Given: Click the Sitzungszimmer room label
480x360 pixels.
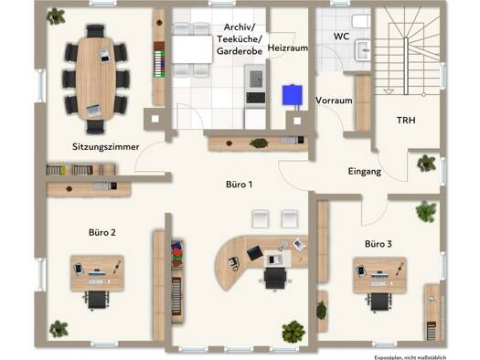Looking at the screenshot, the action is click(106, 147).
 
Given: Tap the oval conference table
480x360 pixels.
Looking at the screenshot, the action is click(96, 79).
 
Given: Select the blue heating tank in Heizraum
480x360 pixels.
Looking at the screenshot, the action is click(292, 95).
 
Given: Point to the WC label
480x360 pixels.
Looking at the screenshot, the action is click(341, 37).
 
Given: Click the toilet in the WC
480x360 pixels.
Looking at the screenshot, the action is click(361, 21).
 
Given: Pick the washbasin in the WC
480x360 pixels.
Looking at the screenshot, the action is click(363, 50).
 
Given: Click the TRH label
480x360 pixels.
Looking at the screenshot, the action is click(406, 121).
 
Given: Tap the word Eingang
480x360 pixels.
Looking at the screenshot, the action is click(365, 171).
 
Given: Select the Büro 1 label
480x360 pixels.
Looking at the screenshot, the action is click(239, 185).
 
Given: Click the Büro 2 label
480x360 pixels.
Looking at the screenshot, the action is click(102, 232).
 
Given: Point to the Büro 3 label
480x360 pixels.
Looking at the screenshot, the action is click(379, 244).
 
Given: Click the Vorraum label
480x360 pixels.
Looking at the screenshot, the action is click(334, 101).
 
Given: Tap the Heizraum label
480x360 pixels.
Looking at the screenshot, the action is click(288, 48).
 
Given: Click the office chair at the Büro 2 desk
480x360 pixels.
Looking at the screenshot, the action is click(97, 300).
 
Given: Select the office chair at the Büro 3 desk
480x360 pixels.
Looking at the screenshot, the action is click(379, 302).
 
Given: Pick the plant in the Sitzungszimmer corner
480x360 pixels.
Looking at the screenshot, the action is click(56, 16).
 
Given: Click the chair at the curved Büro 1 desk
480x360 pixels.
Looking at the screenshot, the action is click(275, 279).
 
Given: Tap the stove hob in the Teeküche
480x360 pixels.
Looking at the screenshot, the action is click(256, 98).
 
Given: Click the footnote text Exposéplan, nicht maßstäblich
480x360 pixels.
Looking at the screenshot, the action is click(411, 357).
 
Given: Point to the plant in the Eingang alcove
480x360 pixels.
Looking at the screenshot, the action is click(426, 163).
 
